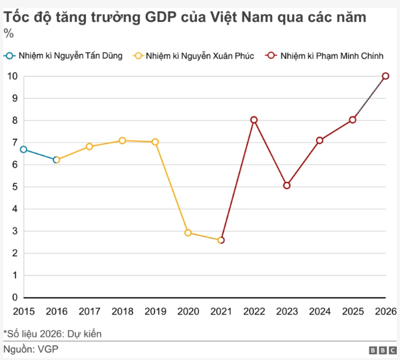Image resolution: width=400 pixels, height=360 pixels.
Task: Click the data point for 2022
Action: pos(254,120)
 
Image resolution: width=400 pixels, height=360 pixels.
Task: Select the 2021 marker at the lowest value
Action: pos(221,240)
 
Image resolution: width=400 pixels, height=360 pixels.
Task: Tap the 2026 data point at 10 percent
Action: pos(386,76)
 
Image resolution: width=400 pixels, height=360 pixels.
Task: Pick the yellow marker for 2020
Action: pos(188,233)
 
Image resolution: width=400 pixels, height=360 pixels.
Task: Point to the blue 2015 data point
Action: pos(23,149)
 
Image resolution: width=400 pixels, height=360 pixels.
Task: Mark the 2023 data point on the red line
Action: pos(287,185)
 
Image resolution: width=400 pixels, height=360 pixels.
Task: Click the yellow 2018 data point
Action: pos(122,140)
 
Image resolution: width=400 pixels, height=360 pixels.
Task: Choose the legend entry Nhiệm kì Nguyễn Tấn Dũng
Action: pos(64,56)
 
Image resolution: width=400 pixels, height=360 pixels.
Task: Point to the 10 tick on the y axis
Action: pos(12,76)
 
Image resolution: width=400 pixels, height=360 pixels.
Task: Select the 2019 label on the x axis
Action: pos(155,311)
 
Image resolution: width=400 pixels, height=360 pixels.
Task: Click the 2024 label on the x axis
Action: pos(319,311)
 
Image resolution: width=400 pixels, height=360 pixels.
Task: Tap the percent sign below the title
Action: pos(8,33)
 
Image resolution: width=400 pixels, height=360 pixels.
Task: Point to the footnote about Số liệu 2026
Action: pos(53,334)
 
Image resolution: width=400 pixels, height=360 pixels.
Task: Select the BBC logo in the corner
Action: pos(381,350)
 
